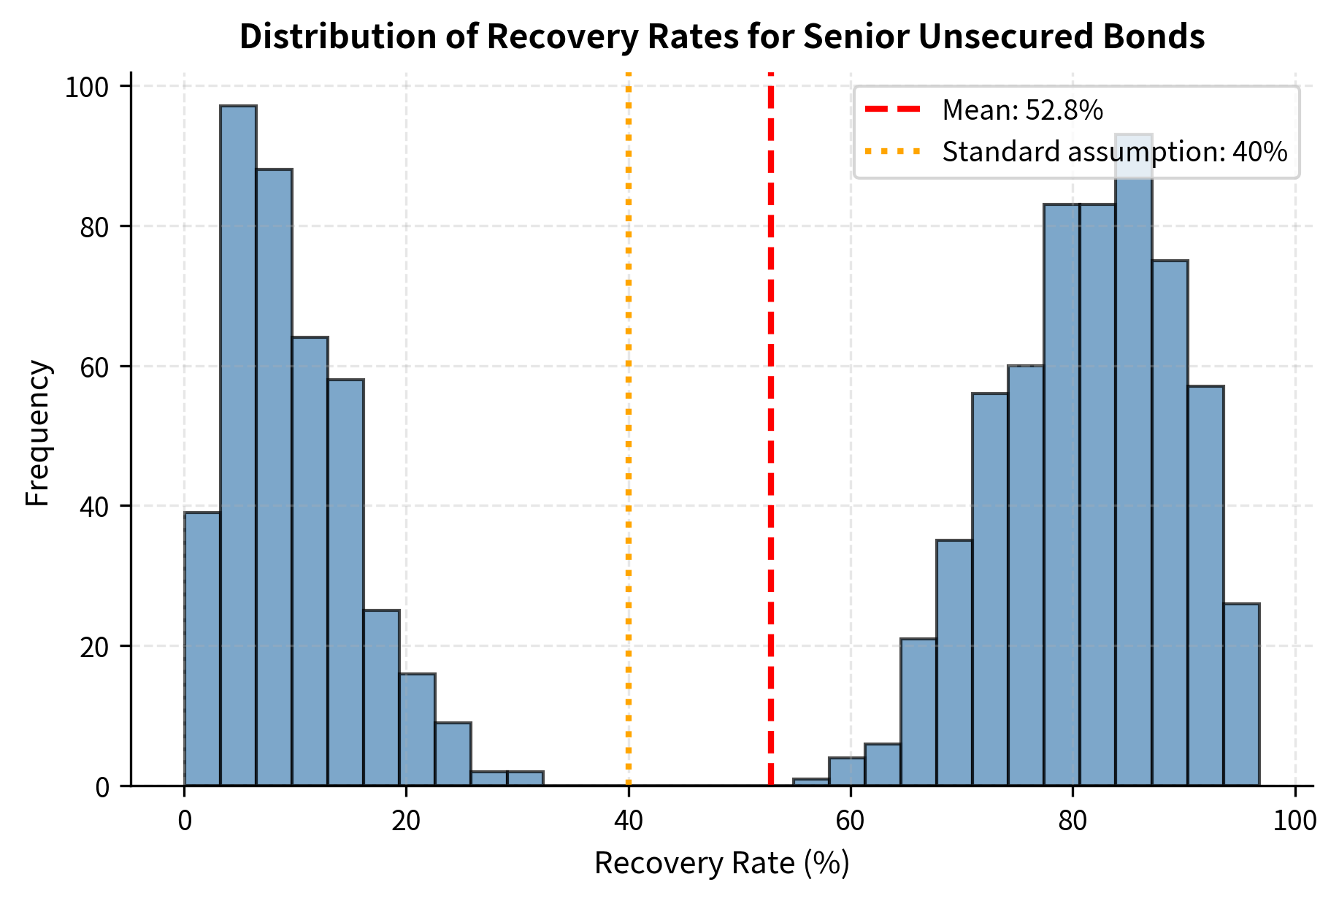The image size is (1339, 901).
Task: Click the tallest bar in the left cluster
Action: (238, 445)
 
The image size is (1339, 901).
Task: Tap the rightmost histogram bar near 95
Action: (1241, 694)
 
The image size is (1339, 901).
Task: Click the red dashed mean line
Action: (770, 438)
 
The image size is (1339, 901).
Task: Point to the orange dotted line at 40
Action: (629, 438)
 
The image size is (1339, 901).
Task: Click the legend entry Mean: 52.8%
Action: (1022, 110)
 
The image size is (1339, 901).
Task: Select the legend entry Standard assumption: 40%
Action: (1114, 152)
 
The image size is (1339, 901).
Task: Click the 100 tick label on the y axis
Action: (86, 88)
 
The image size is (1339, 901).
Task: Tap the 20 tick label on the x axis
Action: (406, 821)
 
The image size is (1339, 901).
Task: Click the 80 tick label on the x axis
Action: (1073, 821)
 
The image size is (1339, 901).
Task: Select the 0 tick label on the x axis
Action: (185, 821)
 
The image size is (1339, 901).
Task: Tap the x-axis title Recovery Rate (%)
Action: (721, 864)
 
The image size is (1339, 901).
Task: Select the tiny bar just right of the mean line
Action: (810, 782)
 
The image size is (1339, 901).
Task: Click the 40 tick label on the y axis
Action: (93, 506)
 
